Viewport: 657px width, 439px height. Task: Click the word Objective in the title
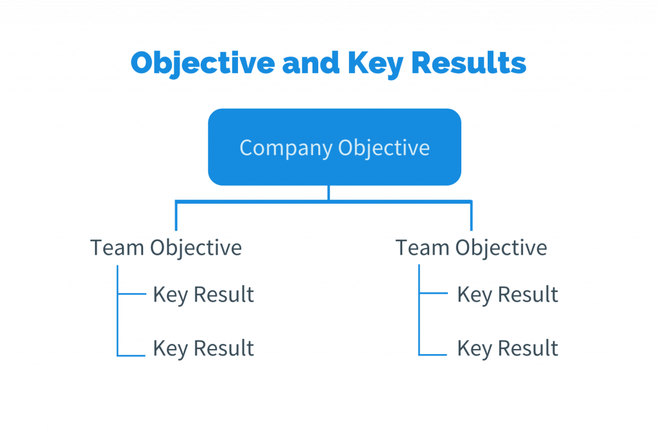(x=203, y=63)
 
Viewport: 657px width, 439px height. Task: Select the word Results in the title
(x=469, y=62)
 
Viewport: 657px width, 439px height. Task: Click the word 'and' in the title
(x=311, y=62)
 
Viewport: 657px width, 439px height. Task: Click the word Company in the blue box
(x=286, y=148)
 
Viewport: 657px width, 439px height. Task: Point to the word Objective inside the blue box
(x=384, y=148)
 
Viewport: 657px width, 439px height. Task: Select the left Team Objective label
(x=166, y=247)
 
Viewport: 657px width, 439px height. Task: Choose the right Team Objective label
(x=472, y=247)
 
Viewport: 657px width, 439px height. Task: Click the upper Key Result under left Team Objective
(x=203, y=294)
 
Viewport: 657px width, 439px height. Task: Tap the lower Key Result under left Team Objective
(x=203, y=348)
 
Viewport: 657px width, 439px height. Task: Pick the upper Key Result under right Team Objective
(x=508, y=294)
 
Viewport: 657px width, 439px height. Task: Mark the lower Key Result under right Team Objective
(x=508, y=348)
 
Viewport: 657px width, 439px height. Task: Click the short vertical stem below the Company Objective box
(x=328, y=193)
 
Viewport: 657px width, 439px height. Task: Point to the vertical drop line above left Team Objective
(x=176, y=216)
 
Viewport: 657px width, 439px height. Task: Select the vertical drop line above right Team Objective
(x=472, y=216)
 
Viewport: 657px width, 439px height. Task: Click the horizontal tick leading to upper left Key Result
(x=132, y=294)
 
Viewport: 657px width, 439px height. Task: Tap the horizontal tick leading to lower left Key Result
(x=131, y=355)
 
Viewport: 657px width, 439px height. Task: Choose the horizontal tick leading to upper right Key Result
(x=433, y=293)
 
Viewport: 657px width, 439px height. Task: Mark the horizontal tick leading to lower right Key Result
(x=433, y=355)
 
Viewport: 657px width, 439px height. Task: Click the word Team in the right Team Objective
(x=422, y=247)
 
